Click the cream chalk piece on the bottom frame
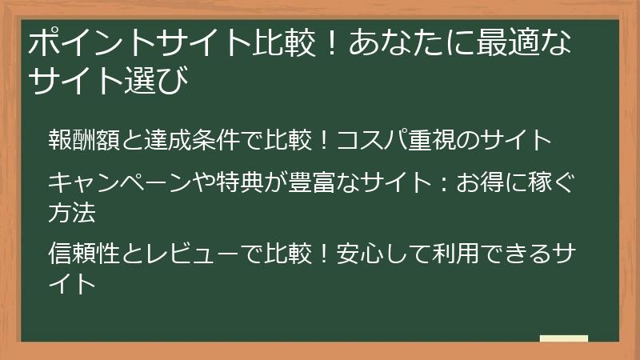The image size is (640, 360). click(x=564, y=339)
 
